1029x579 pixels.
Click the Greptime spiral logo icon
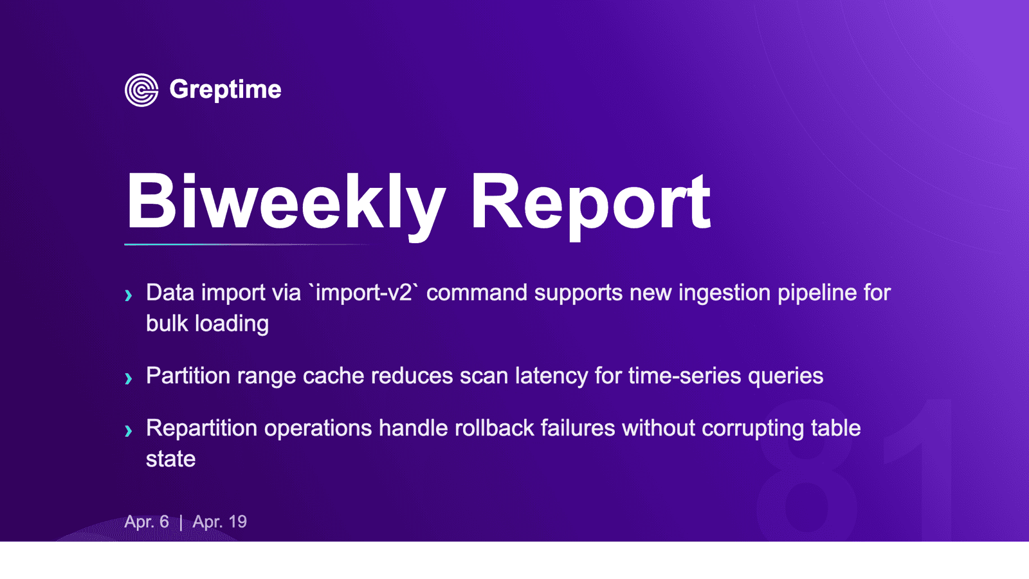click(141, 90)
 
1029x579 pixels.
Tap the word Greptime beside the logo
click(225, 90)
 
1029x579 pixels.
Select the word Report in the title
click(591, 205)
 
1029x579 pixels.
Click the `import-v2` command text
click(364, 292)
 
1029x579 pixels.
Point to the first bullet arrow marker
click(129, 295)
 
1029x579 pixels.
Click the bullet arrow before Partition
click(129, 379)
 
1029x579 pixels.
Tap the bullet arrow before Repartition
click(129, 431)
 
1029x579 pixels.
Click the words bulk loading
click(207, 324)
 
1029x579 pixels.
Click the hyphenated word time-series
click(684, 376)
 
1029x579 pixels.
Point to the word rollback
click(495, 428)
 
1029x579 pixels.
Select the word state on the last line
click(171, 459)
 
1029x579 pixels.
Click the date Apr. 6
click(147, 522)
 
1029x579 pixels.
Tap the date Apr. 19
click(219, 522)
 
